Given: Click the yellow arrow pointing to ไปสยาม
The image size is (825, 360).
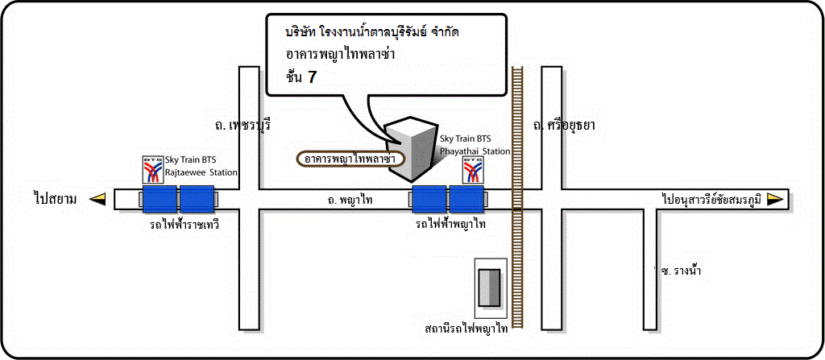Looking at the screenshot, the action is click(97, 199).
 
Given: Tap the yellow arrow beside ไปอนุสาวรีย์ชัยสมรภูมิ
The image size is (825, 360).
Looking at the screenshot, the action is click(774, 198).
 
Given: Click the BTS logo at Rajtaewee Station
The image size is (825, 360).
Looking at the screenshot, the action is click(153, 169).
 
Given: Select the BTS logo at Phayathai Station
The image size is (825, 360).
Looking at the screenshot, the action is click(472, 169).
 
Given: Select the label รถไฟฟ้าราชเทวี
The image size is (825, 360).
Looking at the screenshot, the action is click(184, 225).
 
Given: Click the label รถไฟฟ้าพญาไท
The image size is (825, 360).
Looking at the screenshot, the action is click(450, 225).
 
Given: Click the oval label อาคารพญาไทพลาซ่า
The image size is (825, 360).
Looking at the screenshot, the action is click(350, 159).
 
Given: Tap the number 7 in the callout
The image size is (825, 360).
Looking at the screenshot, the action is click(313, 77).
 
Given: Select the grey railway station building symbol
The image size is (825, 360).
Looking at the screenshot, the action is click(490, 287).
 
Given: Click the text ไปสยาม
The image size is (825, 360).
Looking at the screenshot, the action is click(55, 200).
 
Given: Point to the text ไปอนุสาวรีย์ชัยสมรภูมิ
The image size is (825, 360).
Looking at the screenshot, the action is click(711, 199).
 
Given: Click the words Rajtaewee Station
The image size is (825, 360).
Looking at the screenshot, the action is click(201, 172).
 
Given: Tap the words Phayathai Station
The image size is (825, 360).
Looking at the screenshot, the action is click(475, 151).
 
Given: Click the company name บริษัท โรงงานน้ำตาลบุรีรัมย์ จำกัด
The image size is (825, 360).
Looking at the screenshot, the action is click(372, 33).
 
